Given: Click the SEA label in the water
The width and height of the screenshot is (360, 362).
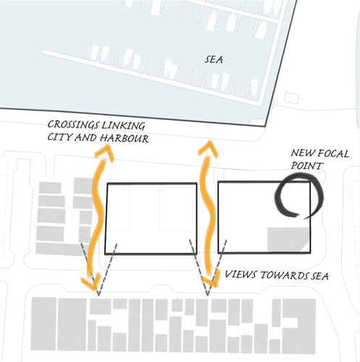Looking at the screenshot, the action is pyautogui.click(x=214, y=59).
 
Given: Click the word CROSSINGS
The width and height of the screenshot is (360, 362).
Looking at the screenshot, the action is pyautogui.click(x=73, y=125).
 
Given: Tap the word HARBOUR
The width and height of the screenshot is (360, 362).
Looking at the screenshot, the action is pyautogui.click(x=125, y=138).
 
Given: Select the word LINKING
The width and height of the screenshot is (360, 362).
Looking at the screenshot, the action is pyautogui.click(x=123, y=125).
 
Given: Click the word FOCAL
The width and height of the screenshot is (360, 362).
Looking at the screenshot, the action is pyautogui.click(x=333, y=153).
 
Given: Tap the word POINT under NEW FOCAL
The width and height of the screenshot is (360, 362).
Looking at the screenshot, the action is pyautogui.click(x=307, y=166).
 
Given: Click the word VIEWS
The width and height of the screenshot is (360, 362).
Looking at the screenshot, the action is pyautogui.click(x=240, y=274).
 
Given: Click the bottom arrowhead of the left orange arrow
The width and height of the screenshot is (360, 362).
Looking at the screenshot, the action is pyautogui.click(x=92, y=282).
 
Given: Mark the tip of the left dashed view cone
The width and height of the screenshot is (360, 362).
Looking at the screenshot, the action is pyautogui.click(x=99, y=295).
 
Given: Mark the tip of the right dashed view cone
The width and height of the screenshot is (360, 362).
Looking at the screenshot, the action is pyautogui.click(x=207, y=295).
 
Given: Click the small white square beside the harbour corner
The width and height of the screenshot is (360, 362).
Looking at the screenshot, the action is pyautogui.click(x=291, y=98).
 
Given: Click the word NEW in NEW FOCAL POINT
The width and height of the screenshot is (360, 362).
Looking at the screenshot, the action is pyautogui.click(x=303, y=153).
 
